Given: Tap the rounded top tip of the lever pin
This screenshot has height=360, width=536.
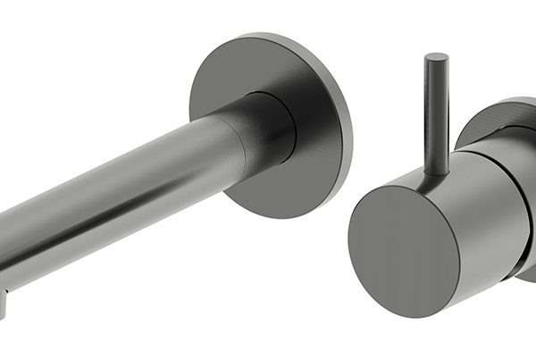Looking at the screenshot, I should (x=436, y=58).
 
